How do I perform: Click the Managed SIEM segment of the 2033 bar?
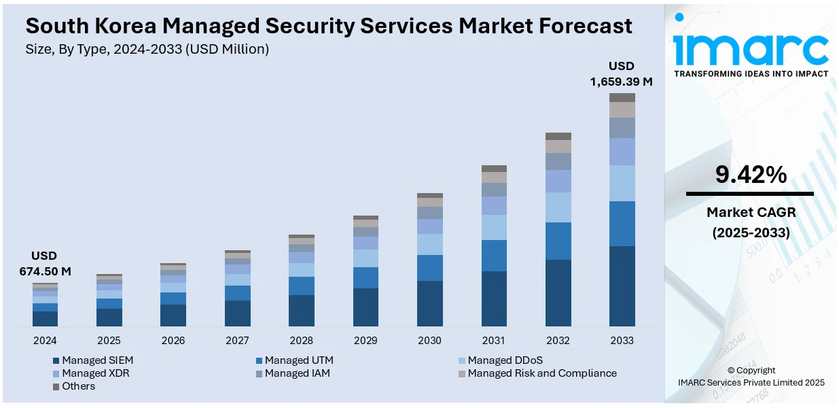(x=622, y=286)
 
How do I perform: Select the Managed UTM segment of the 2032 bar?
(x=558, y=241)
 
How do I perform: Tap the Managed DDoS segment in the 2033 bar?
(x=622, y=183)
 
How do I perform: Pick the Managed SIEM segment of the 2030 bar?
(x=429, y=303)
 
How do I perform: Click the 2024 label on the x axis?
(x=45, y=340)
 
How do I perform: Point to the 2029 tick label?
(x=365, y=340)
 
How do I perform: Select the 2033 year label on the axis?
(x=622, y=340)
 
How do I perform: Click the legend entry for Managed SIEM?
(x=88, y=360)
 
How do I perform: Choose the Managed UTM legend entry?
(x=298, y=360)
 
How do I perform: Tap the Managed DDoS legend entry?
(x=505, y=360)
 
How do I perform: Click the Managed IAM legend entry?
(x=297, y=373)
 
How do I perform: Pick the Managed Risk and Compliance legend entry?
(x=541, y=373)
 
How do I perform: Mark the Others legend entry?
(x=77, y=386)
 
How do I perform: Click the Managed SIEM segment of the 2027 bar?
(x=237, y=313)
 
